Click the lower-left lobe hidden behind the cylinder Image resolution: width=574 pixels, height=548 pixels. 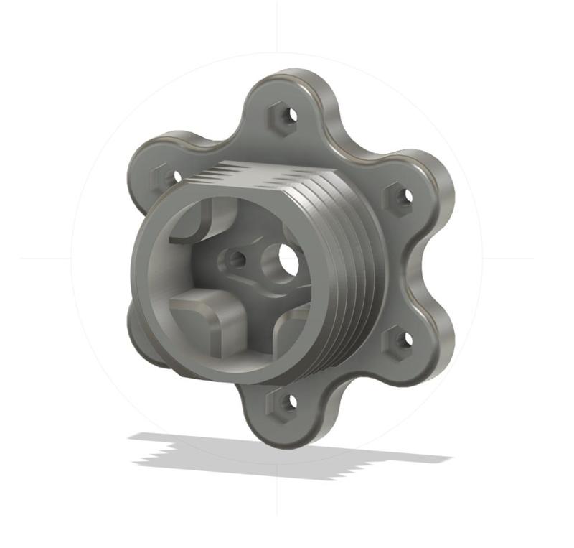click(x=143, y=338)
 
